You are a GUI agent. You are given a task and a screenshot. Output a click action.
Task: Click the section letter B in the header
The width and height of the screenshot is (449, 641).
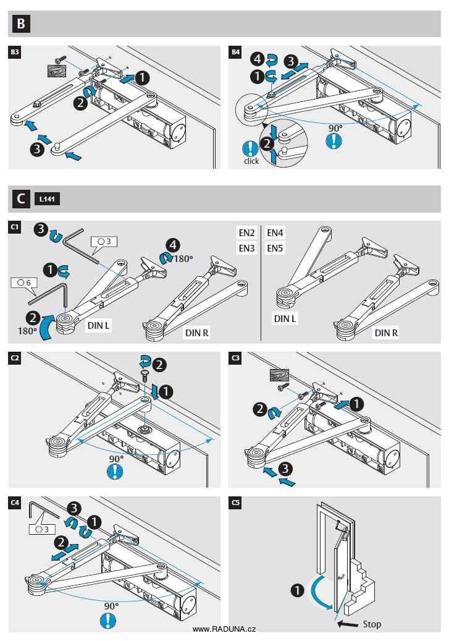pos(21,24)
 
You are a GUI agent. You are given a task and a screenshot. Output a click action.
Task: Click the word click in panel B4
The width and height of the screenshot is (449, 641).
pos(251,161)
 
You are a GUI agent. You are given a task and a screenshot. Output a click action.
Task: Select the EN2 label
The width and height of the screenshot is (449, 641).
pos(247,233)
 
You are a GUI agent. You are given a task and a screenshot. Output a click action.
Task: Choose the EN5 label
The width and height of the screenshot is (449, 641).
pos(275,248)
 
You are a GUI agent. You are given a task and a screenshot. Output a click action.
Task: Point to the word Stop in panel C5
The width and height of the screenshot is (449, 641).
pos(372,624)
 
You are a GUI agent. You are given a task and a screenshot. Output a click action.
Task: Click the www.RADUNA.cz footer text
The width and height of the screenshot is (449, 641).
pos(224,629)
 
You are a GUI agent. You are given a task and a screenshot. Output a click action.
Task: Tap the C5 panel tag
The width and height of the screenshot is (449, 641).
pos(235,503)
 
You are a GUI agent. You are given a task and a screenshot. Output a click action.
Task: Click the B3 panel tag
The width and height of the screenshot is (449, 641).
pos(15,53)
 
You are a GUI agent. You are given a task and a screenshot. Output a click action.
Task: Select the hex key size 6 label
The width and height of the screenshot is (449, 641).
pos(23,282)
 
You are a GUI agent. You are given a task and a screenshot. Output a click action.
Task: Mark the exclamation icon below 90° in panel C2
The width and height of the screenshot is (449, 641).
pos(115,472)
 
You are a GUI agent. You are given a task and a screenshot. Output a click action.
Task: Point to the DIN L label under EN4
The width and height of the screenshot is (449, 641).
pos(285,319)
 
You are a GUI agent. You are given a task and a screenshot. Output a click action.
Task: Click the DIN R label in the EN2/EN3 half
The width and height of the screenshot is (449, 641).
pos(197,333)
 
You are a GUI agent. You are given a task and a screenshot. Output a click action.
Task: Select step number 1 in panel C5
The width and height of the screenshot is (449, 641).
pos(296,591)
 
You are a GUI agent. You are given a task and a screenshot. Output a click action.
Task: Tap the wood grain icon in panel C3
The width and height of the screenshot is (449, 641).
pos(280,375)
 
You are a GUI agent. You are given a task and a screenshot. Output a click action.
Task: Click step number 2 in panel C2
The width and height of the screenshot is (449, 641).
pos(160,365)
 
